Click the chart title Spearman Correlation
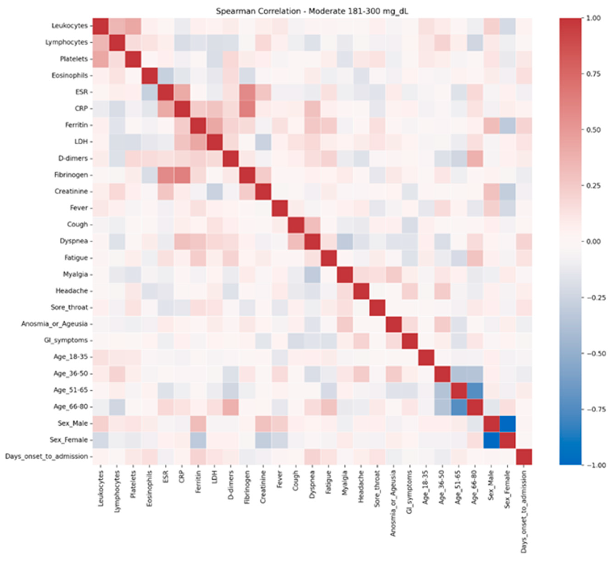click(312, 11)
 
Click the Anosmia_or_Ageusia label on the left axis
click(54, 324)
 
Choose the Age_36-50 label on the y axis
click(70, 374)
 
